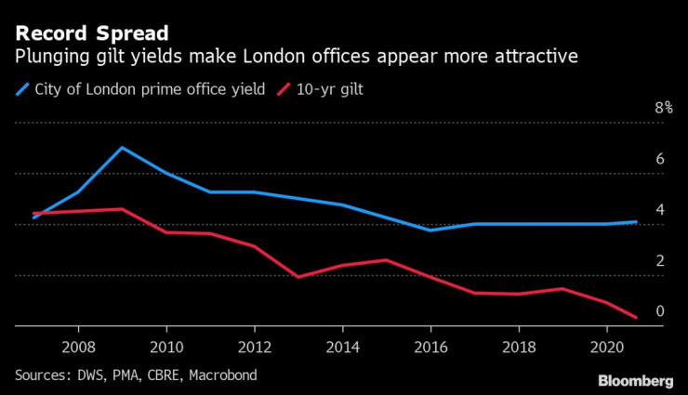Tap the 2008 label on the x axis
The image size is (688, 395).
(x=78, y=344)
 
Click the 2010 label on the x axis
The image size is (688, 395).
(x=166, y=344)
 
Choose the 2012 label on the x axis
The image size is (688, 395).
(x=255, y=344)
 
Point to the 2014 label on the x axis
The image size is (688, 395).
(x=343, y=344)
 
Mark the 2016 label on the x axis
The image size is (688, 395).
(x=430, y=344)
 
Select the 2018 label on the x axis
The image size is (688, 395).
(x=519, y=344)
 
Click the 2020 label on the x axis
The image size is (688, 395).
(x=607, y=344)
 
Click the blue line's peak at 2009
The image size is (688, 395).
(x=122, y=148)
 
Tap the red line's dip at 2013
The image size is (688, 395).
(x=298, y=277)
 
